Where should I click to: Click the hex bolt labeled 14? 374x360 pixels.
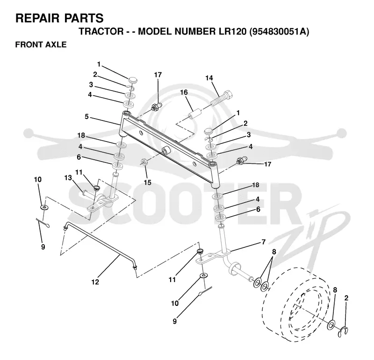[222, 98]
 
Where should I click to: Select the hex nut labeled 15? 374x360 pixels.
[144, 162]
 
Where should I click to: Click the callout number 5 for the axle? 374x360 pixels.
[86, 117]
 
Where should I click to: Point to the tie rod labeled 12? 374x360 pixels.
[100, 246]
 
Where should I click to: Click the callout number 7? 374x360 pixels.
[263, 242]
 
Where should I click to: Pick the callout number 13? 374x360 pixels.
[68, 178]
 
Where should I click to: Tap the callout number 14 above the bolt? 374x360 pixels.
[209, 78]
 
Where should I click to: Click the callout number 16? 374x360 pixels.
[184, 92]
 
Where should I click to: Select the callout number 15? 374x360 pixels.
[147, 183]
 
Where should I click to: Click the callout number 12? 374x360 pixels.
[95, 282]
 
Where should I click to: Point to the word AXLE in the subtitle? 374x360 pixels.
[56, 44]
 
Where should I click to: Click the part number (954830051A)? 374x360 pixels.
[279, 31]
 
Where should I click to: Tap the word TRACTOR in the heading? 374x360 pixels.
[101, 31]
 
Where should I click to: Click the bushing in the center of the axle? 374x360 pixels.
[166, 151]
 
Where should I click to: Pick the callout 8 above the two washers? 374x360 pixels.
[274, 252]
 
